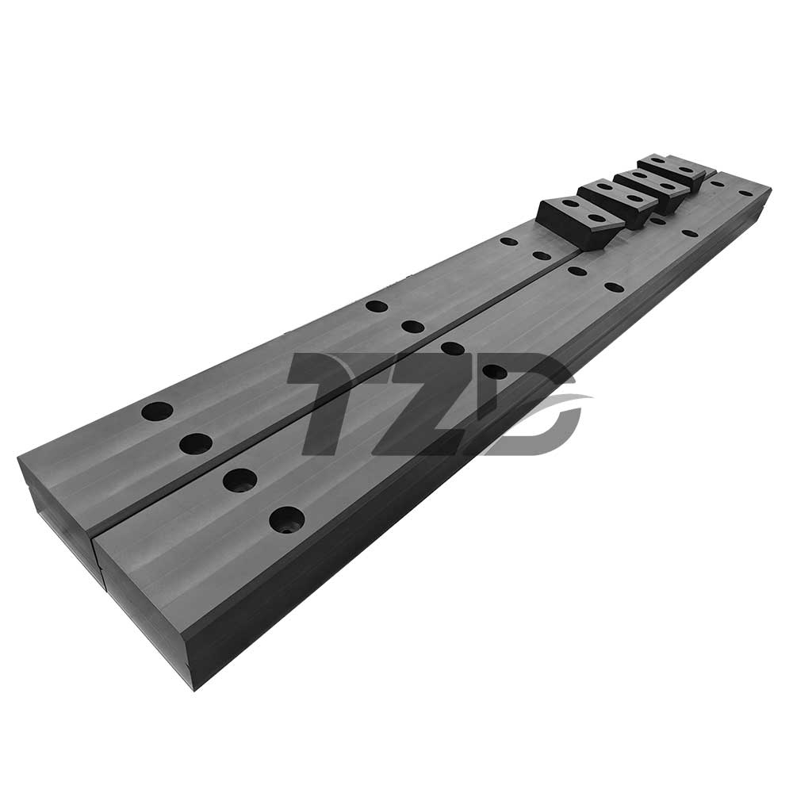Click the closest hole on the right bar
tap(287, 520)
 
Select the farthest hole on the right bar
tap(745, 193)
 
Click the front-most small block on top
tap(581, 221)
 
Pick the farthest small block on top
tap(672, 171)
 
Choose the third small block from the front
tap(650, 186)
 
